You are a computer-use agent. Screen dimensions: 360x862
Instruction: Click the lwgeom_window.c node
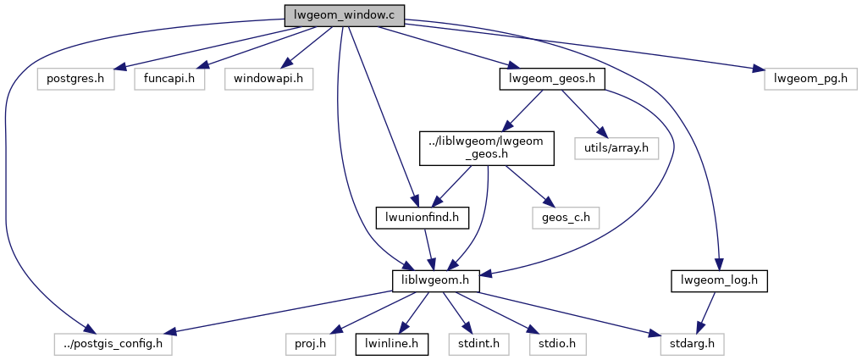click(x=344, y=15)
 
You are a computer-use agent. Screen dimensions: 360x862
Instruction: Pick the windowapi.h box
click(x=268, y=80)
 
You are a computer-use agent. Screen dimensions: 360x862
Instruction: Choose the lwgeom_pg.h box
click(x=811, y=80)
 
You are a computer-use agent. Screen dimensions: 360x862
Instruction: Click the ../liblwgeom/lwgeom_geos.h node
click(x=487, y=148)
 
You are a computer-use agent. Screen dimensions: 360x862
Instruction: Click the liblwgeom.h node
click(x=436, y=280)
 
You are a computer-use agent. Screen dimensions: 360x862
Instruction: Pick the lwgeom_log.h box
click(x=718, y=280)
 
